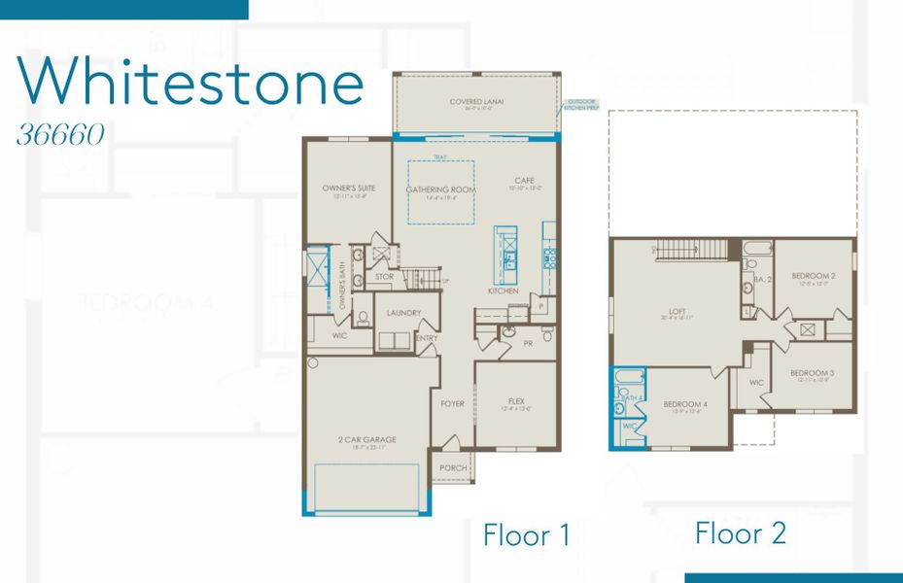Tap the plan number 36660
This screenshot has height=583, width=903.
coord(60,135)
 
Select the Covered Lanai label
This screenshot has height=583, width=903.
coord(476,101)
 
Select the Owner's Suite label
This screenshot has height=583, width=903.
coord(349,188)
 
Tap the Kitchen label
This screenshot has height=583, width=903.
coord(503,291)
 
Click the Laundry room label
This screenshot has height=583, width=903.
coord(402,313)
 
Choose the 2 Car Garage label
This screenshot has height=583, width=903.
coord(367,439)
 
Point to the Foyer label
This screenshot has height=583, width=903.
coord(453,403)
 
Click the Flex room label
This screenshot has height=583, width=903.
coord(516,400)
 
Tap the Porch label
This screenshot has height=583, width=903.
coord(453,467)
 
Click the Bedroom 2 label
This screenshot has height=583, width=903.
coord(813,276)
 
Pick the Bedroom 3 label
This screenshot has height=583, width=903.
coord(812,373)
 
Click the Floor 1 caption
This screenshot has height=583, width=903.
coord(526,535)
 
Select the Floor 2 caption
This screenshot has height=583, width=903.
coord(740,532)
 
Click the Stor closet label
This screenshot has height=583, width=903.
coord(385,277)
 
